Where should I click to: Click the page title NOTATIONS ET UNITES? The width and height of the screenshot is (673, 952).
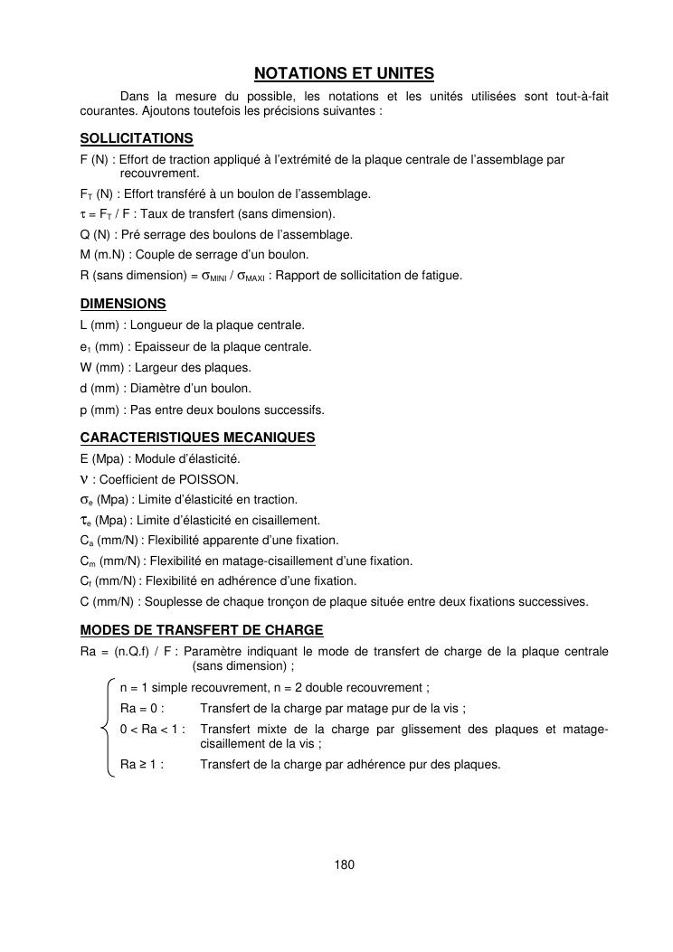344,72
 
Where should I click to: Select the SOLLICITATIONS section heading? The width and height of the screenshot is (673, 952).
137,138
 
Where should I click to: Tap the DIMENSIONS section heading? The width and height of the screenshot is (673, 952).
123,304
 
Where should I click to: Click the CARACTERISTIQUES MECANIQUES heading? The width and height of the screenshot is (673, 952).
197,438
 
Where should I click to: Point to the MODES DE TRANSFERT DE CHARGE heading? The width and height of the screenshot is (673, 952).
202,629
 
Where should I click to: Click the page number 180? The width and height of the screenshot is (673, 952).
344,864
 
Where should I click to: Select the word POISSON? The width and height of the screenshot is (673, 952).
214,479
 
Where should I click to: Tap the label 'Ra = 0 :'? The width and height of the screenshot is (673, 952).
142,708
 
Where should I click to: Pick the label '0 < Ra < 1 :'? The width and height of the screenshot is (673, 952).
153,729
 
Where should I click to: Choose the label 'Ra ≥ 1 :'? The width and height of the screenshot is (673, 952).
142,764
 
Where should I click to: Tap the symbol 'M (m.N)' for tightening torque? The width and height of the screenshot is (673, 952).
104,254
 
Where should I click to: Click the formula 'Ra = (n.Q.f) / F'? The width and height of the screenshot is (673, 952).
128,652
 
